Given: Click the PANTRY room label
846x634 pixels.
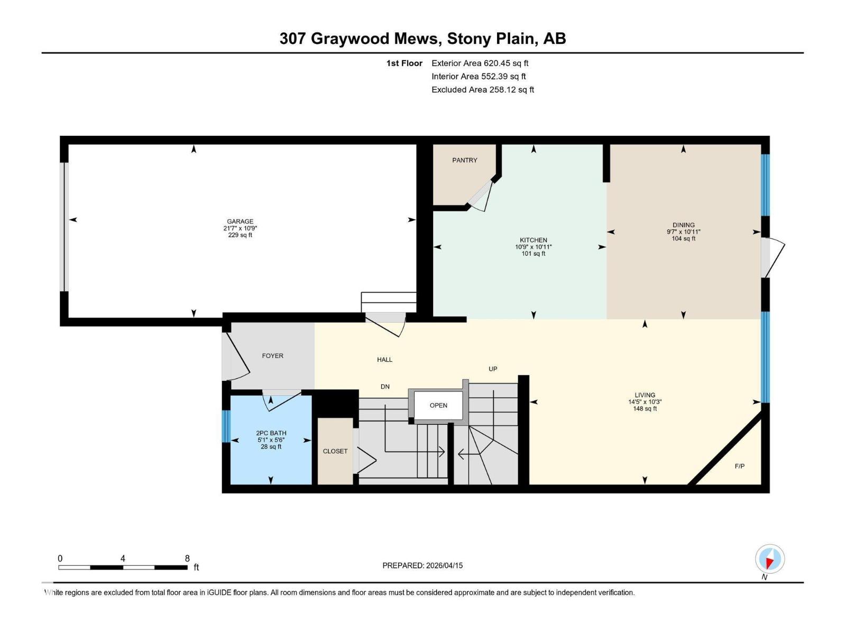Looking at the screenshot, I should [x=464, y=160].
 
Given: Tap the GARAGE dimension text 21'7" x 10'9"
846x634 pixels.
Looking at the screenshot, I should [x=240, y=228].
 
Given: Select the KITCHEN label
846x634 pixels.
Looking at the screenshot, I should [x=533, y=240].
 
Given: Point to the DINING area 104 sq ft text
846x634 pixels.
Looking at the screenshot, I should [x=683, y=239].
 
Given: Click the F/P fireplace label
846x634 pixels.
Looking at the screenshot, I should [x=739, y=466].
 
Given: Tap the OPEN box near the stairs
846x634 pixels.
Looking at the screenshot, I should [x=438, y=405].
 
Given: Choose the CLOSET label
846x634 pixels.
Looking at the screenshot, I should [x=335, y=451].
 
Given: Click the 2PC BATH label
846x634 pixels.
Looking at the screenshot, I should [x=271, y=433].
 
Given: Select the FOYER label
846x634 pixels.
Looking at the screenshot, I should [x=272, y=356].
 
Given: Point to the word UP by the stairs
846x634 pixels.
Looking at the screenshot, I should [x=492, y=369].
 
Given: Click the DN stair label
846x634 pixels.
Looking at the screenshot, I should [x=385, y=387].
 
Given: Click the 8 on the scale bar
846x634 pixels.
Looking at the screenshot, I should [x=187, y=558].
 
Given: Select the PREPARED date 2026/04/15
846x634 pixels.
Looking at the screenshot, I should [x=444, y=565].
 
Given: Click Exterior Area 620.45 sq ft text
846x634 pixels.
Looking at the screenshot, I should [x=480, y=63].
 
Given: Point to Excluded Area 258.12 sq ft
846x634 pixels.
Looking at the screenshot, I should [x=482, y=89].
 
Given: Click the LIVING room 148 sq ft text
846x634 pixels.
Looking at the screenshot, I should [x=645, y=408].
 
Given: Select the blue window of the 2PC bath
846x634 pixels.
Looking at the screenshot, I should [x=226, y=426].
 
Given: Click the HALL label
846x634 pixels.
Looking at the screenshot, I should [x=384, y=359].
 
